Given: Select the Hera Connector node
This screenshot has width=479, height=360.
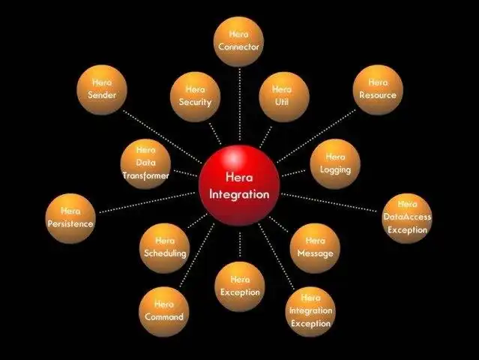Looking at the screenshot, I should click(238, 41).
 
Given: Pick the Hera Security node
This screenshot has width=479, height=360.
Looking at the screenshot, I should click(196, 96).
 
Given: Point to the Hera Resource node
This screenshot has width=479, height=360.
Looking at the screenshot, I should click(378, 89).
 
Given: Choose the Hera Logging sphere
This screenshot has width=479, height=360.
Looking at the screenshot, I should click(335, 163).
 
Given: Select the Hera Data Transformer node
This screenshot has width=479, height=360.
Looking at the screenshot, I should click(146, 163).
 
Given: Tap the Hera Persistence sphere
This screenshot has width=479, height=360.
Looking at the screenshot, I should click(70, 217).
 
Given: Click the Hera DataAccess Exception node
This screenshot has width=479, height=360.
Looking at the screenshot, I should click(407, 217).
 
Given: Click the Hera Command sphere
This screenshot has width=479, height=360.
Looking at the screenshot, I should click(164, 310).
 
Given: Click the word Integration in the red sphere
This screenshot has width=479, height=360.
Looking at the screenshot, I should click(239, 194).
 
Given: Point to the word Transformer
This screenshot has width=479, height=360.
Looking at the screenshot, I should click(146, 175).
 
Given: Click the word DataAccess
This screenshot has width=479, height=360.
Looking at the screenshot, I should click(407, 217).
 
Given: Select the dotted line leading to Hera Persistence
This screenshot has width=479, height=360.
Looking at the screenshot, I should click(146, 200).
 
